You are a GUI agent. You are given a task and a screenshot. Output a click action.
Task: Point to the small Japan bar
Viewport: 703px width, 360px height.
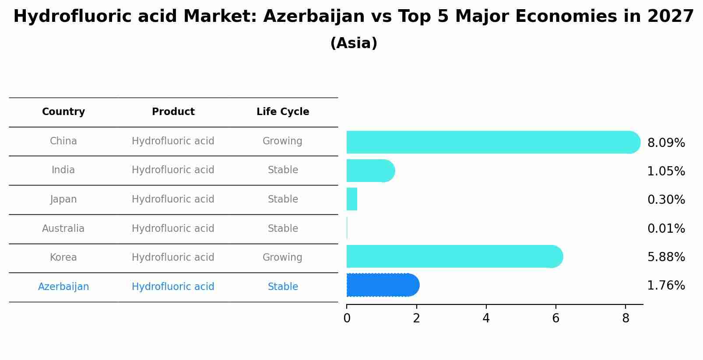(x=352, y=199)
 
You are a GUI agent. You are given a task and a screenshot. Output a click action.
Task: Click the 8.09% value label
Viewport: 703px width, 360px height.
(x=666, y=143)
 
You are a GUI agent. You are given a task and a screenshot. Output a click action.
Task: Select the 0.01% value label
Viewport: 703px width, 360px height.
(x=666, y=229)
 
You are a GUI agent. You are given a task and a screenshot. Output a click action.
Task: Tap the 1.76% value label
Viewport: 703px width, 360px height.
(x=666, y=286)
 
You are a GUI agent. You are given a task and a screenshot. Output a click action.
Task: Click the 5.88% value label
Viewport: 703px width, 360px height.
(x=666, y=257)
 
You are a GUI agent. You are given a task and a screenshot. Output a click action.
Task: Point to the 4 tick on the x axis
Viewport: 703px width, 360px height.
(x=486, y=318)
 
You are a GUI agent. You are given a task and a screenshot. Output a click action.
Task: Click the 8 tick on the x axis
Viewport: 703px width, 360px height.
(x=626, y=318)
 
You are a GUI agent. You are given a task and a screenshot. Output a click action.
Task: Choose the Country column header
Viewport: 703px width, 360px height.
(x=63, y=112)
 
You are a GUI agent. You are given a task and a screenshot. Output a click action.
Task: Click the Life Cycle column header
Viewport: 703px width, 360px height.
(x=283, y=112)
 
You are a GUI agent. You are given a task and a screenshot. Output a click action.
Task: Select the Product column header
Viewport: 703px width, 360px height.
(x=173, y=112)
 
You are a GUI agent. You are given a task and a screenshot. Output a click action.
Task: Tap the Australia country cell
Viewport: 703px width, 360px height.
(x=63, y=228)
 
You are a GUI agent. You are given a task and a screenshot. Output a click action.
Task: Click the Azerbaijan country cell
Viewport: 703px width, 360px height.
(x=63, y=287)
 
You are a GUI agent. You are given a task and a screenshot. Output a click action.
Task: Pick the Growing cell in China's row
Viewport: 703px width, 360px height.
(x=282, y=141)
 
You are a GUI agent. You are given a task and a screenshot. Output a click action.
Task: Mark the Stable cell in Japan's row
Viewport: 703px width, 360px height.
(x=283, y=199)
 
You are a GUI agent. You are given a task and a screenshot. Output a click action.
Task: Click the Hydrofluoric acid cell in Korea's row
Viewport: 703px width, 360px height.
(x=173, y=258)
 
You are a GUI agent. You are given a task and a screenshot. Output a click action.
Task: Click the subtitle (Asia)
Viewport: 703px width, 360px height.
(x=354, y=43)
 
